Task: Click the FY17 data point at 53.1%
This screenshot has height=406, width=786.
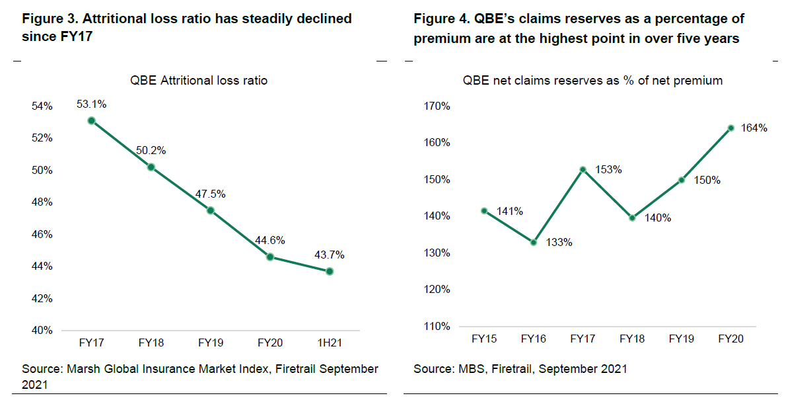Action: pos(91,120)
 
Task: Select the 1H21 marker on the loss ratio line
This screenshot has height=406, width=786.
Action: pos(330,271)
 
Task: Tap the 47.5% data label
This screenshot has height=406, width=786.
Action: pos(211,194)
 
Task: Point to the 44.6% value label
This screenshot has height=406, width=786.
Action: pos(271,241)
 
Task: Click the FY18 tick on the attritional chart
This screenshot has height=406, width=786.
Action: pos(151,343)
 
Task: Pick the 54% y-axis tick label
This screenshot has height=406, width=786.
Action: pos(42,107)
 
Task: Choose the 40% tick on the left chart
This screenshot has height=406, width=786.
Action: pos(42,331)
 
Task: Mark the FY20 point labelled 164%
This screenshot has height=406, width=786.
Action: pos(731,128)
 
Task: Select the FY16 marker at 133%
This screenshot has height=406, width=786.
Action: pos(534,243)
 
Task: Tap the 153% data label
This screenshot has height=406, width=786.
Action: pos(608,169)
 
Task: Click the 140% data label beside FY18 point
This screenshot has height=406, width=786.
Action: pos(657,218)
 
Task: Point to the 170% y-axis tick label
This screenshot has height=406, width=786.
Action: pos(437,106)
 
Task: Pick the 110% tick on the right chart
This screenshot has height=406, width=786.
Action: pos(437,326)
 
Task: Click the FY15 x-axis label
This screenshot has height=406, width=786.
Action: pos(484,339)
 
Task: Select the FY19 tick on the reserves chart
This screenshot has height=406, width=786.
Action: pos(682,339)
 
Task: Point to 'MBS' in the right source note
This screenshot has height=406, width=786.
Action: pos(470,369)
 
